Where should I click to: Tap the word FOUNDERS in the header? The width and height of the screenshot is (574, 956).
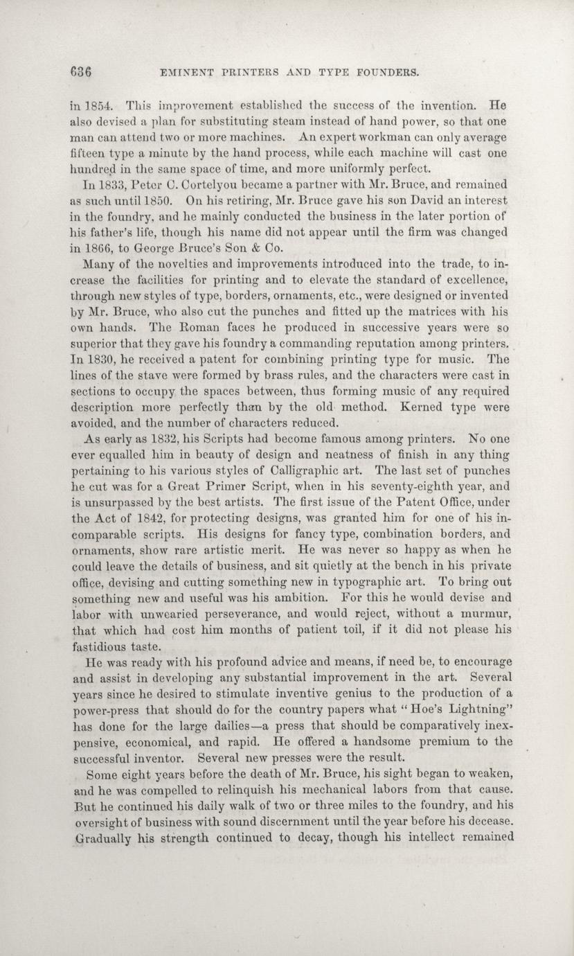pos(384,71)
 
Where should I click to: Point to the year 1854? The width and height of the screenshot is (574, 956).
pos(95,107)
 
